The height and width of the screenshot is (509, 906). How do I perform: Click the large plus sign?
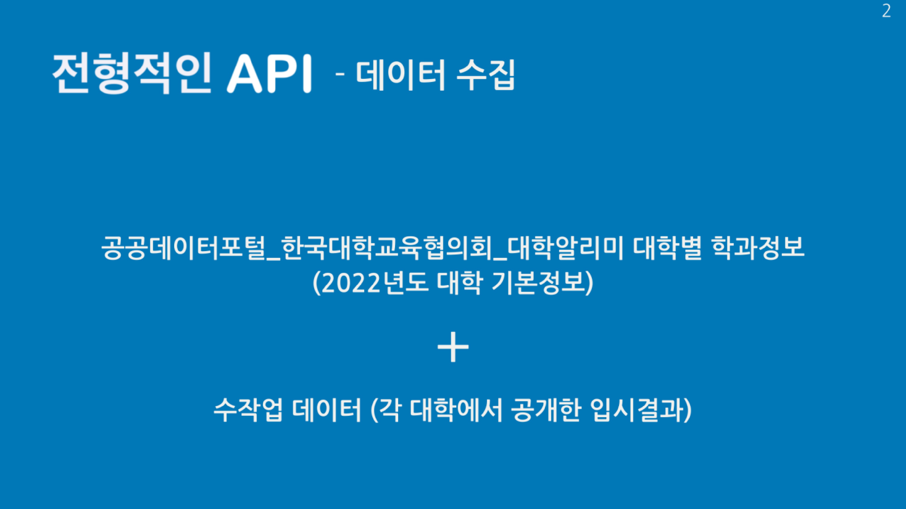[453, 347]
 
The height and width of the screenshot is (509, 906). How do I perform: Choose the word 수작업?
[248, 410]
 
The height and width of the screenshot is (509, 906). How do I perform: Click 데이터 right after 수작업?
[327, 410]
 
